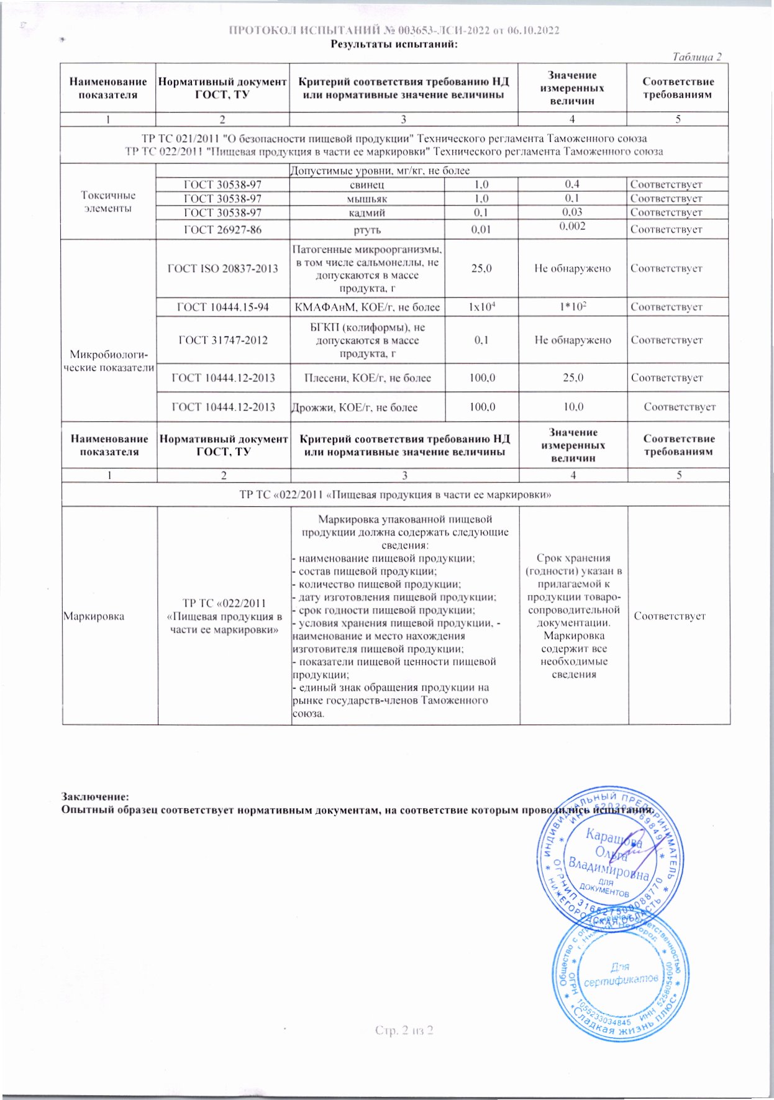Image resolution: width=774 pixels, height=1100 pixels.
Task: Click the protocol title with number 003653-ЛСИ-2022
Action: (x=394, y=31)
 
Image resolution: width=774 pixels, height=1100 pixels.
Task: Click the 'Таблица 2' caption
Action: (x=697, y=57)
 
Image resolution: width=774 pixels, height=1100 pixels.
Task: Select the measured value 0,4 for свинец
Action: (x=572, y=184)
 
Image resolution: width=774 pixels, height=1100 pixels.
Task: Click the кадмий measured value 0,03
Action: (x=572, y=212)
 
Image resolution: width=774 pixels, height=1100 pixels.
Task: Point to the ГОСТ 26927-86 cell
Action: (x=222, y=229)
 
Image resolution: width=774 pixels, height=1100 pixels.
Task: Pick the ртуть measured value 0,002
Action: (x=572, y=226)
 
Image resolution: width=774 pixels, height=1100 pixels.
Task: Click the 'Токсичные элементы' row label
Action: (x=108, y=202)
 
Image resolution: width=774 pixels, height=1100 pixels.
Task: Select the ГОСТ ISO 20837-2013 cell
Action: (x=222, y=268)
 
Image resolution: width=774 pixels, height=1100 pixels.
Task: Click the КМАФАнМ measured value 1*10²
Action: (x=572, y=307)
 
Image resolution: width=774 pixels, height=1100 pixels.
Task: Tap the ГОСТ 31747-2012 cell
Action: (x=222, y=340)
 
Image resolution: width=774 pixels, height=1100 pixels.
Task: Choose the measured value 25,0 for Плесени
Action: (x=572, y=378)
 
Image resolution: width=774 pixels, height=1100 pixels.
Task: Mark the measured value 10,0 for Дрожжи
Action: (x=572, y=407)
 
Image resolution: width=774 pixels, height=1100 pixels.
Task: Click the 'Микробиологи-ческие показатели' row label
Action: (x=109, y=361)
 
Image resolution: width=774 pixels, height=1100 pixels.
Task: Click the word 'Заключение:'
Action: (x=95, y=796)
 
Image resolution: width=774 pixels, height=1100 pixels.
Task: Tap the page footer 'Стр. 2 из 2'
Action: (x=404, y=1030)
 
